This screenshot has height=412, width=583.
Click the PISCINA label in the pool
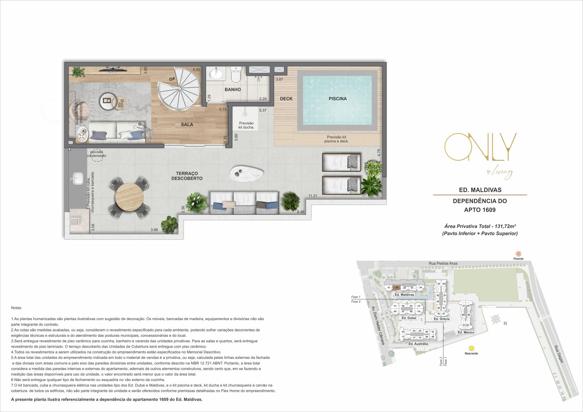pyautogui.click(x=337, y=99)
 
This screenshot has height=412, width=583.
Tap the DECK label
pyautogui.click(x=286, y=99)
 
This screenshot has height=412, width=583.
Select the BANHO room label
pyautogui.click(x=233, y=89)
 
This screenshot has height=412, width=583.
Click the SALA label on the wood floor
pyautogui.click(x=187, y=124)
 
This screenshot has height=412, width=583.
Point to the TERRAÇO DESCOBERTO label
pyautogui.click(x=187, y=176)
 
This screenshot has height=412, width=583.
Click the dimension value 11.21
pyautogui.click(x=313, y=196)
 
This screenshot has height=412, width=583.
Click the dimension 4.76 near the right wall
pyautogui.click(x=379, y=153)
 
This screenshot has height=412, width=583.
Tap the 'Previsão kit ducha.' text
pyautogui.click(x=246, y=125)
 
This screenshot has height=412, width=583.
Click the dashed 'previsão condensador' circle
pyautogui.click(x=97, y=154)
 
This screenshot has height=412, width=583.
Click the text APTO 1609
pyautogui.click(x=480, y=210)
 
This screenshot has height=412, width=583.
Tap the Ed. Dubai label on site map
pyautogui.click(x=408, y=318)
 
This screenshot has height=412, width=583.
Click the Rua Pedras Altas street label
pyautogui.click(x=443, y=263)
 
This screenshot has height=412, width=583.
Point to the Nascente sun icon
pyautogui.click(x=471, y=348)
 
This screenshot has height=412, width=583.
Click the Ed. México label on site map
pyautogui.click(x=466, y=333)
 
